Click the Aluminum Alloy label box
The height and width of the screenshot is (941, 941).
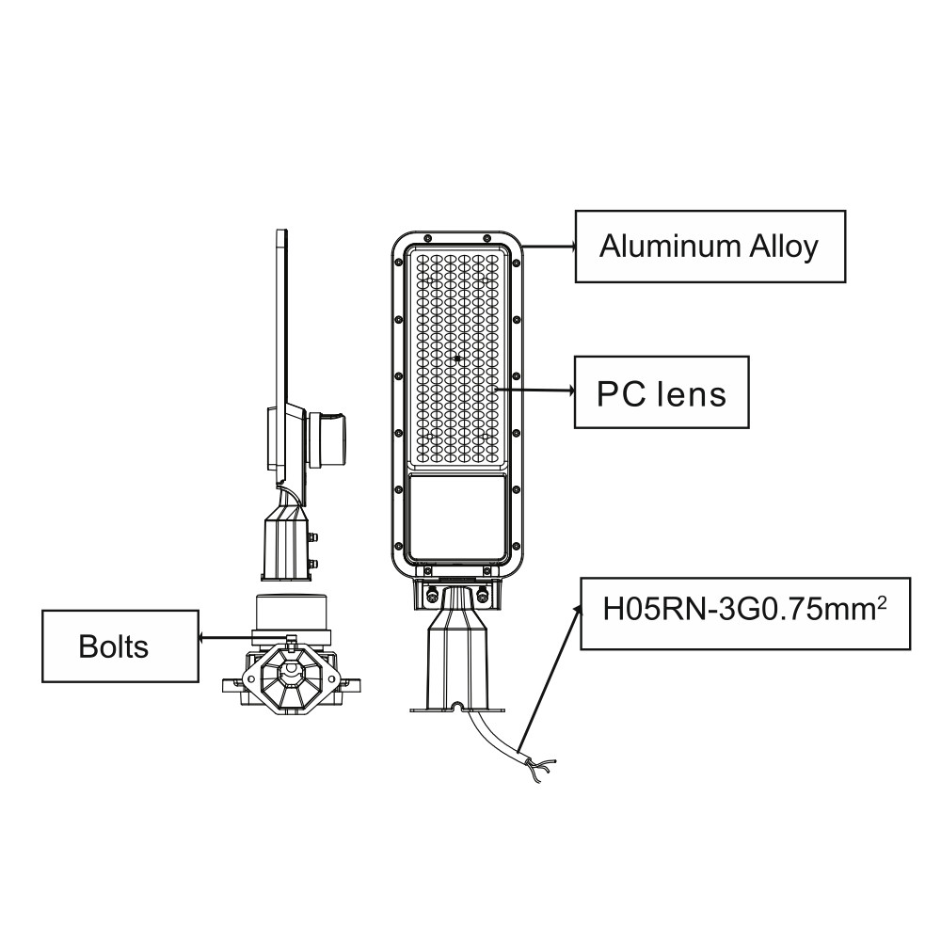tap(710, 246)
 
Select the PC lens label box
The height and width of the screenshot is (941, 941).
tap(662, 392)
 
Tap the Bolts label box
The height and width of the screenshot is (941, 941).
tap(120, 646)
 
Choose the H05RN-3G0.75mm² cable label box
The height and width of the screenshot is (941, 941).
tap(745, 614)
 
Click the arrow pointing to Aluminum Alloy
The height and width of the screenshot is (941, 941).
tap(550, 246)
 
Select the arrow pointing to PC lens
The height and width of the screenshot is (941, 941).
tap(534, 391)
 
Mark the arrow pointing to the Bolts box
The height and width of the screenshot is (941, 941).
tap(226, 637)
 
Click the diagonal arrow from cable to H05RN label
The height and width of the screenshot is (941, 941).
tap(549, 678)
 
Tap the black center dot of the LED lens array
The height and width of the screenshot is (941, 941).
tap(457, 359)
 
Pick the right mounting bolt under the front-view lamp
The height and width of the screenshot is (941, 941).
tap(482, 594)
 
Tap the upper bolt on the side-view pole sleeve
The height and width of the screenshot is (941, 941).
tap(312, 537)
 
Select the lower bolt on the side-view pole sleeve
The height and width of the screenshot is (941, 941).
tap(312, 564)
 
